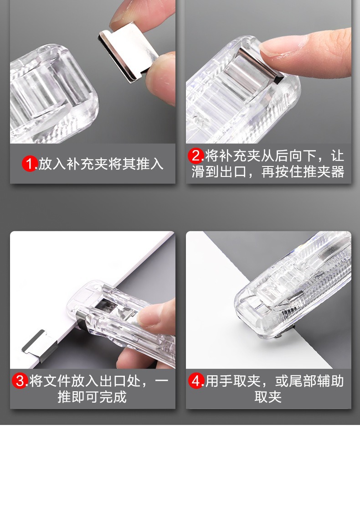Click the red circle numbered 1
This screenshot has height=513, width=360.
point(30,164)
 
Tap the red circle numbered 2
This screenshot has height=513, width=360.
point(195,156)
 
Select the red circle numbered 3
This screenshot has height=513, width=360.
point(20,381)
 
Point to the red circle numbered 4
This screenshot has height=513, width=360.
point(196,381)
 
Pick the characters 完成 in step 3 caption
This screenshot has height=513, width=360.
point(113,397)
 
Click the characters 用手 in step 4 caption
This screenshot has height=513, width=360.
point(219,381)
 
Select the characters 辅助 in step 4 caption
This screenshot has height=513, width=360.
point(330,381)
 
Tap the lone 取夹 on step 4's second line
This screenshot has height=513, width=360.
point(268,397)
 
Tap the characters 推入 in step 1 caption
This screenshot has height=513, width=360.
point(150,164)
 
